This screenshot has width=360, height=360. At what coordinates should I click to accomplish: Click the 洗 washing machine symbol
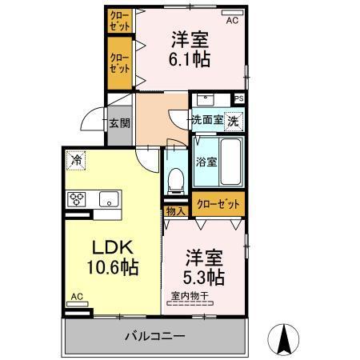pos(232,121)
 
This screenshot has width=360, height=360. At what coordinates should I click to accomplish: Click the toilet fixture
pos(176,178)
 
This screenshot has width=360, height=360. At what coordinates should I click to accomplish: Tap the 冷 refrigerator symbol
pos(76,159)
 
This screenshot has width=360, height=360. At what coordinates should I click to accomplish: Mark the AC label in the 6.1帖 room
pos(231,22)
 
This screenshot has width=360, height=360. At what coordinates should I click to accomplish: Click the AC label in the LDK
pos(76,297)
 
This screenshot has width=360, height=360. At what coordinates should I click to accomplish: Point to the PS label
pos(238,98)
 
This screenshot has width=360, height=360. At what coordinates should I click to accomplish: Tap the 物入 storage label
pos(175,211)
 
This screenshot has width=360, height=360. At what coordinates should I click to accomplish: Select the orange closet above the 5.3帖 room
pos(218,204)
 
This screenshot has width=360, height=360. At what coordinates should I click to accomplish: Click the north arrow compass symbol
pos(282,340)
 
